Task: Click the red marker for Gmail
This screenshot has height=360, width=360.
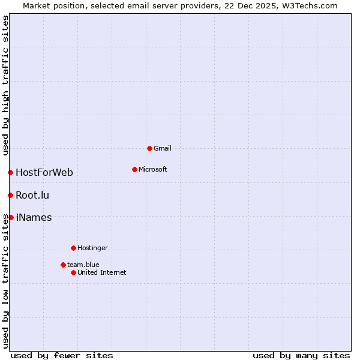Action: point(149,148)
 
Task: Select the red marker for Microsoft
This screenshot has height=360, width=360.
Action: point(134,169)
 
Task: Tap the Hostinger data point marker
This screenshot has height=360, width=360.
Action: point(73,248)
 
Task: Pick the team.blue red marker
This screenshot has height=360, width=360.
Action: point(63,265)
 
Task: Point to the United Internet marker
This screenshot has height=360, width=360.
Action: point(73,272)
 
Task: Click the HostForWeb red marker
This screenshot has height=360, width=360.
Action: point(10,173)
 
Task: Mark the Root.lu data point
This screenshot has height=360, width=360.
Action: point(10,195)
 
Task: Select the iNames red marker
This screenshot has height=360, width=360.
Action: point(11,217)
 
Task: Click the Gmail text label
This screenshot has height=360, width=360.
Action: point(163,148)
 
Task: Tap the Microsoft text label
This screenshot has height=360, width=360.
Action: point(153,169)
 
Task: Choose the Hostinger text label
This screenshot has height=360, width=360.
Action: point(92,248)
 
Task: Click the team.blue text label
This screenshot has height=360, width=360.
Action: point(83,265)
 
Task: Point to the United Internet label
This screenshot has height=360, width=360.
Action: point(102,272)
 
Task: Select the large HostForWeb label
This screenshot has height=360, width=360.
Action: point(44,173)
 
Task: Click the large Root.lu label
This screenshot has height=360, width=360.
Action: point(32,195)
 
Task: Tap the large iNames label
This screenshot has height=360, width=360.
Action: point(34,217)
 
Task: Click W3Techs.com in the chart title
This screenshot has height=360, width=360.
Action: point(310,5)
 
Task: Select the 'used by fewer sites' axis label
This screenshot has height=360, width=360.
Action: point(62,355)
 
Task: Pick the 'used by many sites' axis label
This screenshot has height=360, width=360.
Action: point(301,355)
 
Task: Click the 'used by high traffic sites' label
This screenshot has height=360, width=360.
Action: point(5,85)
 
